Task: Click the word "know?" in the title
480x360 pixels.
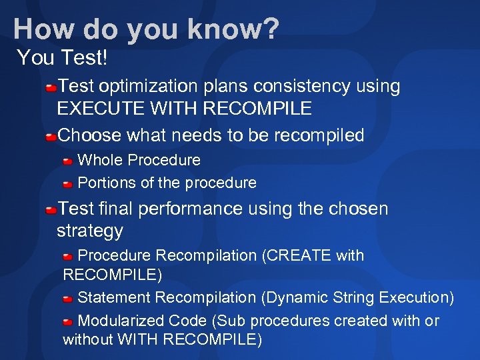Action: pyautogui.click(x=233, y=29)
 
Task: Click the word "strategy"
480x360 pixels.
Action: pyautogui.click(x=90, y=231)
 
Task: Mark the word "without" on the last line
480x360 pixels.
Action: pyautogui.click(x=88, y=339)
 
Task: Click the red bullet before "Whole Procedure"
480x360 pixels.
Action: pyautogui.click(x=68, y=161)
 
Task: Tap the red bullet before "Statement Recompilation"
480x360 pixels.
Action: pyautogui.click(x=68, y=299)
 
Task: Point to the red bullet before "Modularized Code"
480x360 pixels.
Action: pyautogui.click(x=68, y=322)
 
